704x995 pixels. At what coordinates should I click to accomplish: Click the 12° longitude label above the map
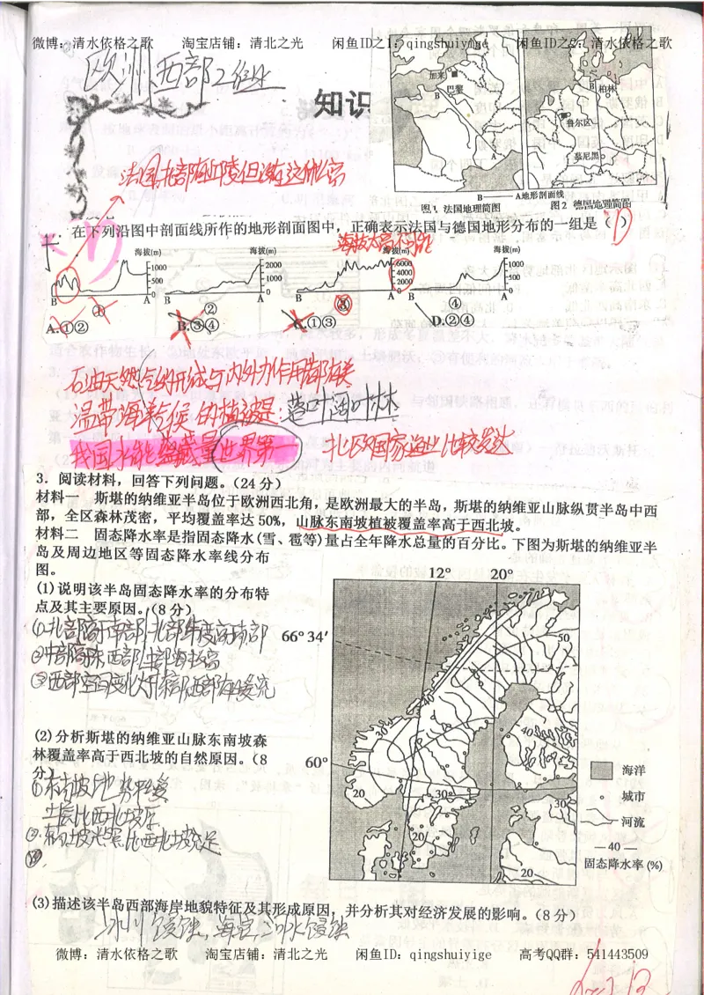tap(440, 573)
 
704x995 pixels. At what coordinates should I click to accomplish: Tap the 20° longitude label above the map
tap(502, 573)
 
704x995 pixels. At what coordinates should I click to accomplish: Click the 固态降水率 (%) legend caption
tap(621, 864)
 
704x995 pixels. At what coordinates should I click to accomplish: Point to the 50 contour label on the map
tap(564, 636)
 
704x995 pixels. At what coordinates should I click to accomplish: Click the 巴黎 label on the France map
tap(454, 89)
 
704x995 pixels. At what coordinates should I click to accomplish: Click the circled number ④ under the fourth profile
tap(454, 305)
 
